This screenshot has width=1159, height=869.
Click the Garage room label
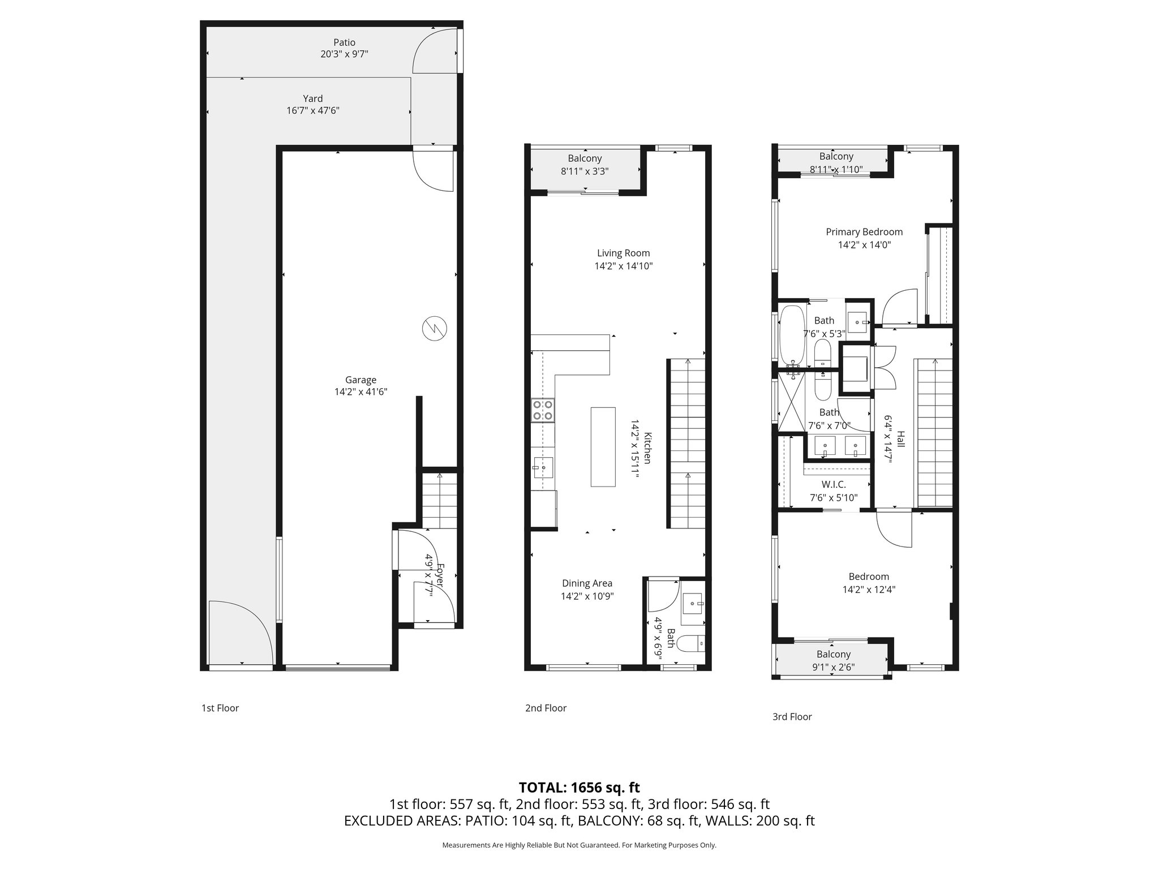360,380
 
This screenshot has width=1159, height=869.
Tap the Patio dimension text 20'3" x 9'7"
344,54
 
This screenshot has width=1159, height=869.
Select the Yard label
312,98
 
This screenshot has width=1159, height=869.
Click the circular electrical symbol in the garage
435,328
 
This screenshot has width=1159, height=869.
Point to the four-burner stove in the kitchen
543,410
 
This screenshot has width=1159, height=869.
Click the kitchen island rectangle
603,446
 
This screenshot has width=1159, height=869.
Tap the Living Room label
623,253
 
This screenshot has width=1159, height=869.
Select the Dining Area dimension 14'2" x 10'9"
587,596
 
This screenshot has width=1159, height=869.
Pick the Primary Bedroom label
864,231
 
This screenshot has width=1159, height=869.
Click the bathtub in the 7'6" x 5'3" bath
791,334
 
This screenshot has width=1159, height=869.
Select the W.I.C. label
833,484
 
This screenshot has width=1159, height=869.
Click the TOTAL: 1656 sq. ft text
579,787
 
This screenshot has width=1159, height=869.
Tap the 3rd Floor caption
792,717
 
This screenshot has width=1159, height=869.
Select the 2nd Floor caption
546,708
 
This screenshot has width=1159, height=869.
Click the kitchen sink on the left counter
543,468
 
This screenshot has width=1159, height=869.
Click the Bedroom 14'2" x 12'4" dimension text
868,590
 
